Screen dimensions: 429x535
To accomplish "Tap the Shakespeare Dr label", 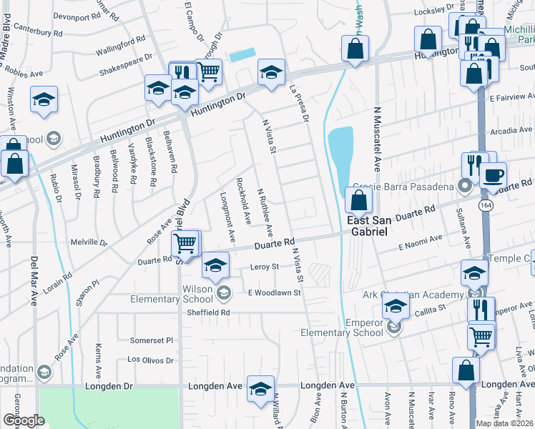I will [x=126, y=64].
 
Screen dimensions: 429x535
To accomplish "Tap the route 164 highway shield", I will [x=486, y=204].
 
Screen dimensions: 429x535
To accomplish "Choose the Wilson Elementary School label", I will [x=182, y=294].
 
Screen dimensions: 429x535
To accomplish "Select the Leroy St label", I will [x=264, y=266].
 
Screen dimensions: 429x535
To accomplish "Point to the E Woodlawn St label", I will [x=273, y=292].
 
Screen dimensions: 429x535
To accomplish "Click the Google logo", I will [x=24, y=420].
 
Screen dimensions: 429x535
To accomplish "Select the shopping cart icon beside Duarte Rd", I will [x=185, y=244].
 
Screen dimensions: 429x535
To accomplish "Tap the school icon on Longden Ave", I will [x=260, y=388].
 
